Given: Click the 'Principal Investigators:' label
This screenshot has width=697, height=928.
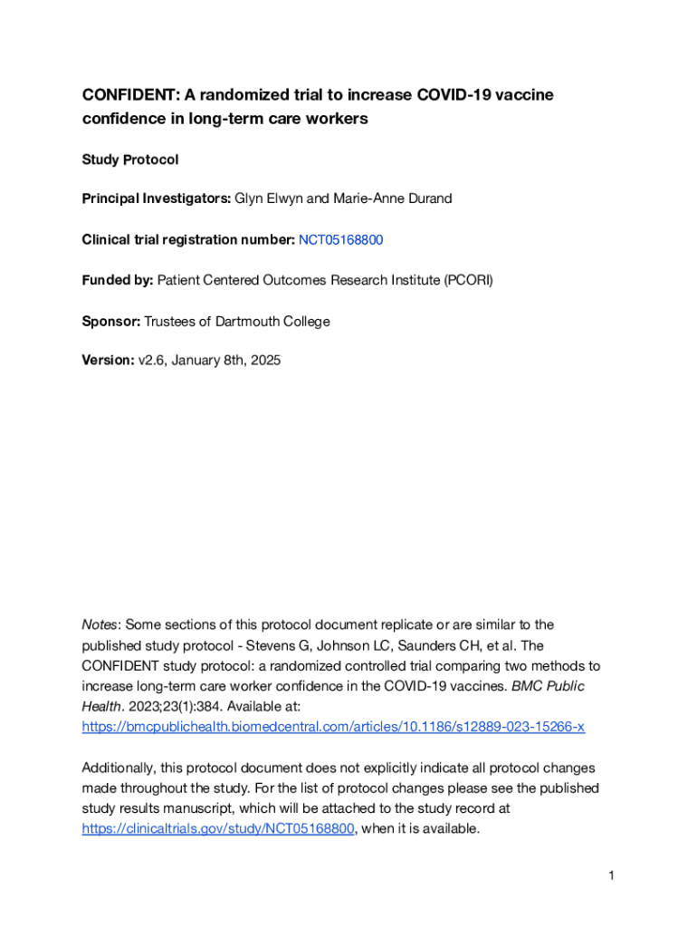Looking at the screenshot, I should (157, 198).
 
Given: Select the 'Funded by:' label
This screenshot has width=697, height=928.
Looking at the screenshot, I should (118, 280).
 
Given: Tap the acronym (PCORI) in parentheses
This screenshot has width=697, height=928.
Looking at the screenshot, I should (468, 280).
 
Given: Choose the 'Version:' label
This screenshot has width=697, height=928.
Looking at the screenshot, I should (108, 361).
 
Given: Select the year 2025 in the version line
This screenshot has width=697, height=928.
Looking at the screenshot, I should (264, 361).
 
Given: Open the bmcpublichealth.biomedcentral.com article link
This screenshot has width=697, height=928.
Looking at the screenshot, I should (333, 727).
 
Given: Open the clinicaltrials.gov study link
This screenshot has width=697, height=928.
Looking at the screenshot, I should (217, 828).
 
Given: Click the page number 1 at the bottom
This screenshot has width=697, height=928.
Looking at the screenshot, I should (612, 875).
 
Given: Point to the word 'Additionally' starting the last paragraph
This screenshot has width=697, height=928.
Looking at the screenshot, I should (119, 768).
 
